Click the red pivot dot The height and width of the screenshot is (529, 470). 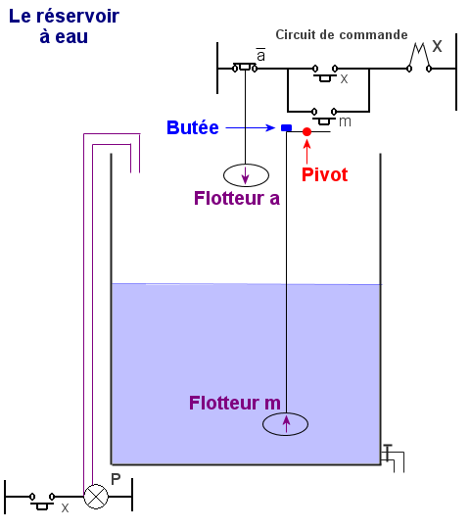coord(306,132)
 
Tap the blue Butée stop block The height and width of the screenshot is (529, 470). coord(286,128)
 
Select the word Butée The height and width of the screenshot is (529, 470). coord(193,127)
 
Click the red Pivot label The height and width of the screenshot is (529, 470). coord(324,174)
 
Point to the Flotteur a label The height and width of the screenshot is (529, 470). coord(237,198)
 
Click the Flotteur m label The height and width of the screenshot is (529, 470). coord(235,403)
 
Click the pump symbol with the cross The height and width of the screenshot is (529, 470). coord(96,497)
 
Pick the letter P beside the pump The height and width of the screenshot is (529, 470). coord(116,479)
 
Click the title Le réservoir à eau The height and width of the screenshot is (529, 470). coord(64,26)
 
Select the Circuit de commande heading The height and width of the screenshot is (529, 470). coord(341,34)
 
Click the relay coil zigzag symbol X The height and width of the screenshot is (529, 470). coord(419,59)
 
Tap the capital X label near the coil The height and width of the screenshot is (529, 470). coord(437,46)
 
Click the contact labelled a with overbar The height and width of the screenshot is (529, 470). coord(245,68)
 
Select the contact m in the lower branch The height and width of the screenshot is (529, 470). coord(324,116)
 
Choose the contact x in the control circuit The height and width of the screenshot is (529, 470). coord(325,73)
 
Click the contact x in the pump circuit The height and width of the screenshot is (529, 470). coord(42,501)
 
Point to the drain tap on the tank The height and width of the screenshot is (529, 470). coord(392,457)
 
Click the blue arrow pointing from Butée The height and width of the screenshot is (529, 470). coord(250,128)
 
